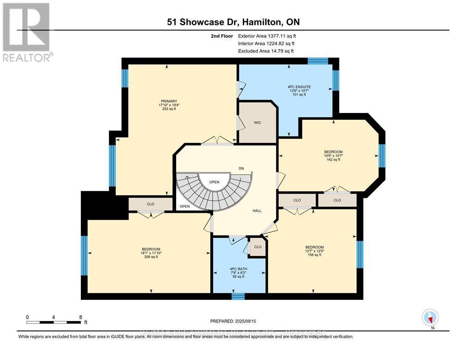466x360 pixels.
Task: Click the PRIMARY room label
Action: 169,101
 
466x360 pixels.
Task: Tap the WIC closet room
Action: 257,123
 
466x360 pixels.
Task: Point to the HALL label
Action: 257,211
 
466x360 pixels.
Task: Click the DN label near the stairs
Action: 241,168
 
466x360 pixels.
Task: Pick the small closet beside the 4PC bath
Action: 258,247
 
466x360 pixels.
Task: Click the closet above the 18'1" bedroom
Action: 151,204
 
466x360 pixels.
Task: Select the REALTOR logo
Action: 27,32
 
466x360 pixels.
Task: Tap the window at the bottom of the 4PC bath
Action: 238,296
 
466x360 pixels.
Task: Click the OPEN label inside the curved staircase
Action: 214,182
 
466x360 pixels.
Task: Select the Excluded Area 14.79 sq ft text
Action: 266,51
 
